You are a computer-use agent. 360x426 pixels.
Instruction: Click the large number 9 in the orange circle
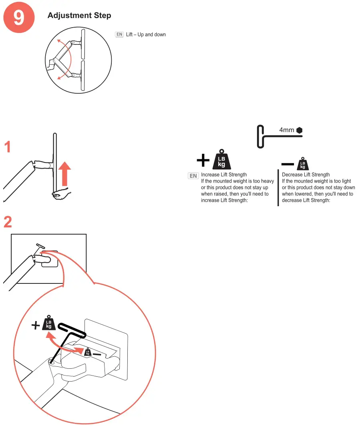[18, 18]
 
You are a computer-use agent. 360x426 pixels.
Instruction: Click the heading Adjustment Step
[79, 16]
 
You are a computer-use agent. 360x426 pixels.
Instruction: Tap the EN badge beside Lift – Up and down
[119, 34]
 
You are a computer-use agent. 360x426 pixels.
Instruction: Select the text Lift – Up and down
[146, 35]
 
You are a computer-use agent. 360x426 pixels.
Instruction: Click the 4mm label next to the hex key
[286, 130]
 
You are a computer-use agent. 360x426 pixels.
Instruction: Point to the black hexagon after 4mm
[299, 130]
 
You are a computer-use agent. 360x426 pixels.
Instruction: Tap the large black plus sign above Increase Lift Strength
[203, 161]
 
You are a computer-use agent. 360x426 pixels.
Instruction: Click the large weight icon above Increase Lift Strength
[221, 159]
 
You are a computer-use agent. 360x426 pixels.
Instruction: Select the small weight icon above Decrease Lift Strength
[303, 163]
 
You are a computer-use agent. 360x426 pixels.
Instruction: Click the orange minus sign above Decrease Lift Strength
[288, 164]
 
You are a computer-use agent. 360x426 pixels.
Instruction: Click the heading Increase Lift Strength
[224, 175]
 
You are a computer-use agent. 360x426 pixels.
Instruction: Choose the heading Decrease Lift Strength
[306, 175]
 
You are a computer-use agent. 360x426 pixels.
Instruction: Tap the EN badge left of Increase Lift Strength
[193, 176]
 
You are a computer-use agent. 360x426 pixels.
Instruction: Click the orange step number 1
[8, 147]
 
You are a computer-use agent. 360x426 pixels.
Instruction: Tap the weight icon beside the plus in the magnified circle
[48, 324]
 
